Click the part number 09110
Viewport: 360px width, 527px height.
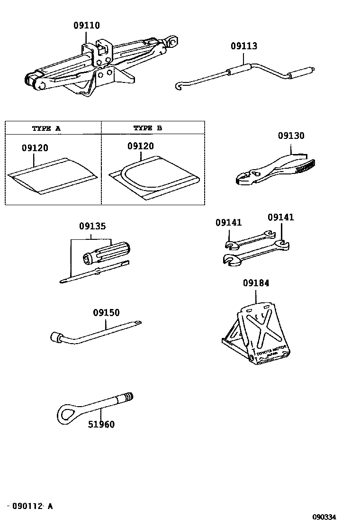(87, 26)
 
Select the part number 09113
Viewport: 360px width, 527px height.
(244, 46)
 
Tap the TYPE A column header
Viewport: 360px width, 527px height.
(46, 128)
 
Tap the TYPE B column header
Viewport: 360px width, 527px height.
(147, 128)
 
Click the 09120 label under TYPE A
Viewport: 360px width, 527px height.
(35, 148)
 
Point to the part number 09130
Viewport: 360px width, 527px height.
(291, 136)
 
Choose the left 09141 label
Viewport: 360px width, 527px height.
(228, 222)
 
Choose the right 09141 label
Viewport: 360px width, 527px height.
(280, 217)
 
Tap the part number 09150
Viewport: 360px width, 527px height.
(106, 313)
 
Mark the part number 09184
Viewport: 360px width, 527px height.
(256, 283)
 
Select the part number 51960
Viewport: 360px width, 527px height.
(101, 424)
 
